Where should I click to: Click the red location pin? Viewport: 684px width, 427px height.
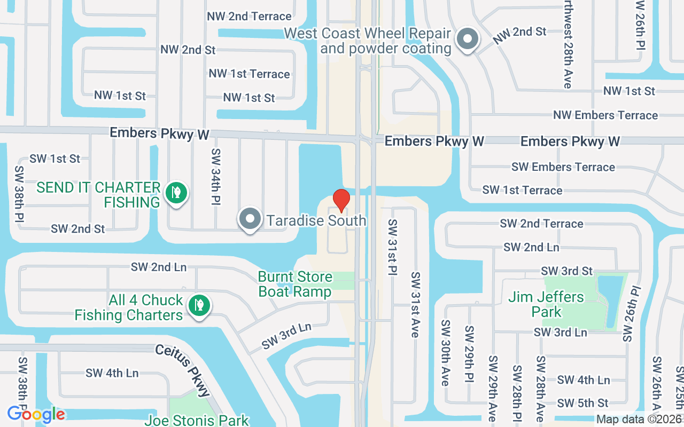[x=341, y=200]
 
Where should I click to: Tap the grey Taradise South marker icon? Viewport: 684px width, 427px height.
[x=250, y=219]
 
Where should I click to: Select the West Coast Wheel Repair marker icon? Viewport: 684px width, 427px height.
[x=468, y=39]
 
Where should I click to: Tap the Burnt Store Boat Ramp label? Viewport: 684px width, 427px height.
[x=295, y=284]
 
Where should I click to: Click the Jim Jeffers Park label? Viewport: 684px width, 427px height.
[x=546, y=304]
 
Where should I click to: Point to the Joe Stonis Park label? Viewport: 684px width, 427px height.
[x=197, y=420]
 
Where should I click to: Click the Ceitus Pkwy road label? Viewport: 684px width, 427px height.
[x=183, y=369]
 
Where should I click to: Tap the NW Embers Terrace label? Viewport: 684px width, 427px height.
[x=605, y=115]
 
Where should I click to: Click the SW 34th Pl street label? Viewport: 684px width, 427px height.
[x=216, y=176]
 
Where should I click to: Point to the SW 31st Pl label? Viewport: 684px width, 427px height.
[x=393, y=247]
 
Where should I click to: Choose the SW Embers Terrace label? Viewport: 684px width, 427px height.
[x=563, y=167]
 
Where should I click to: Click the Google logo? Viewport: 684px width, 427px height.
[x=36, y=414]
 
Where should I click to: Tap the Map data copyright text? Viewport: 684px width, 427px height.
[x=639, y=420]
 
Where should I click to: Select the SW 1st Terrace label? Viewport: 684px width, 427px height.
[x=522, y=190]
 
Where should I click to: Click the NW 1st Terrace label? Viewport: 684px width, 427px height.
[x=250, y=74]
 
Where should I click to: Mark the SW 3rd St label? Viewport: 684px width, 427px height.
[x=566, y=271]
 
